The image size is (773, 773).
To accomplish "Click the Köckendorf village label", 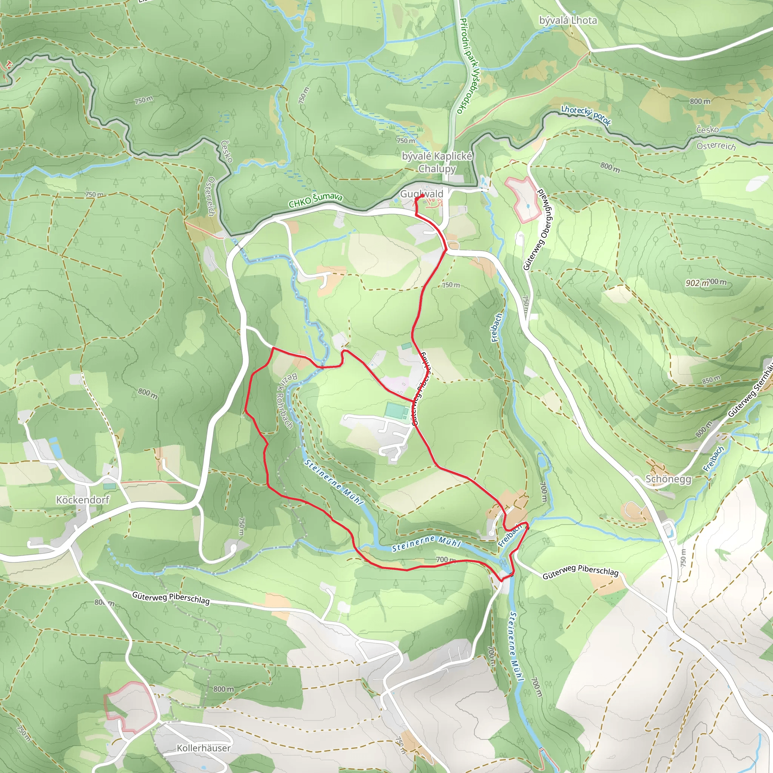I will click(82, 500).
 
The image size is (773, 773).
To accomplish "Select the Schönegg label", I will click(668, 479).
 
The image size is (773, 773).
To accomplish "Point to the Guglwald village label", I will click(422, 194).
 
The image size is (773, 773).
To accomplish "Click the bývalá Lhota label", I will click(568, 20).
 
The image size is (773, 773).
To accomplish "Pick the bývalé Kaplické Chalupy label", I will click(437, 162).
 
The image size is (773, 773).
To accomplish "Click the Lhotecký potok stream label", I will click(586, 115).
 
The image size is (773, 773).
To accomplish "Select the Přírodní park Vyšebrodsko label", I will click(467, 66).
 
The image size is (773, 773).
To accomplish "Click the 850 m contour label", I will click(711, 379).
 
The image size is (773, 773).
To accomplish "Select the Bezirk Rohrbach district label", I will click(286, 400).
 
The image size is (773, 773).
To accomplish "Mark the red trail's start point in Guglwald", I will click(422, 196).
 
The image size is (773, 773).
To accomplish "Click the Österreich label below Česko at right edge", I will click(716, 146).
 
